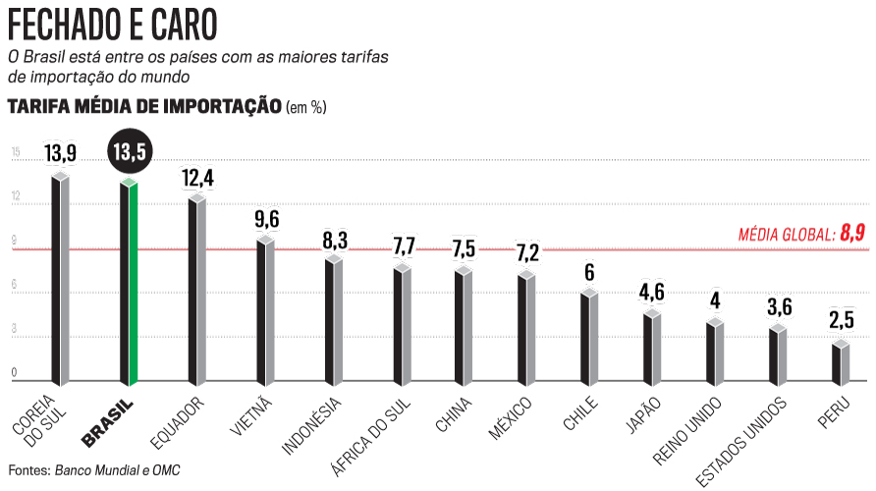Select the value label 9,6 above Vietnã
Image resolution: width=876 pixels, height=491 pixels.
pos(267,219)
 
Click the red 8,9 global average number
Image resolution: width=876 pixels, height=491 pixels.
pos(852,233)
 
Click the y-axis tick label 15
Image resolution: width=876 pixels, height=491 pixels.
pos(16,152)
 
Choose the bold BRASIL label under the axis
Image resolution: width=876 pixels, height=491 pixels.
pos(108,421)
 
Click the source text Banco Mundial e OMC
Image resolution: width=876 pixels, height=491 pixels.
pos(118,470)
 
